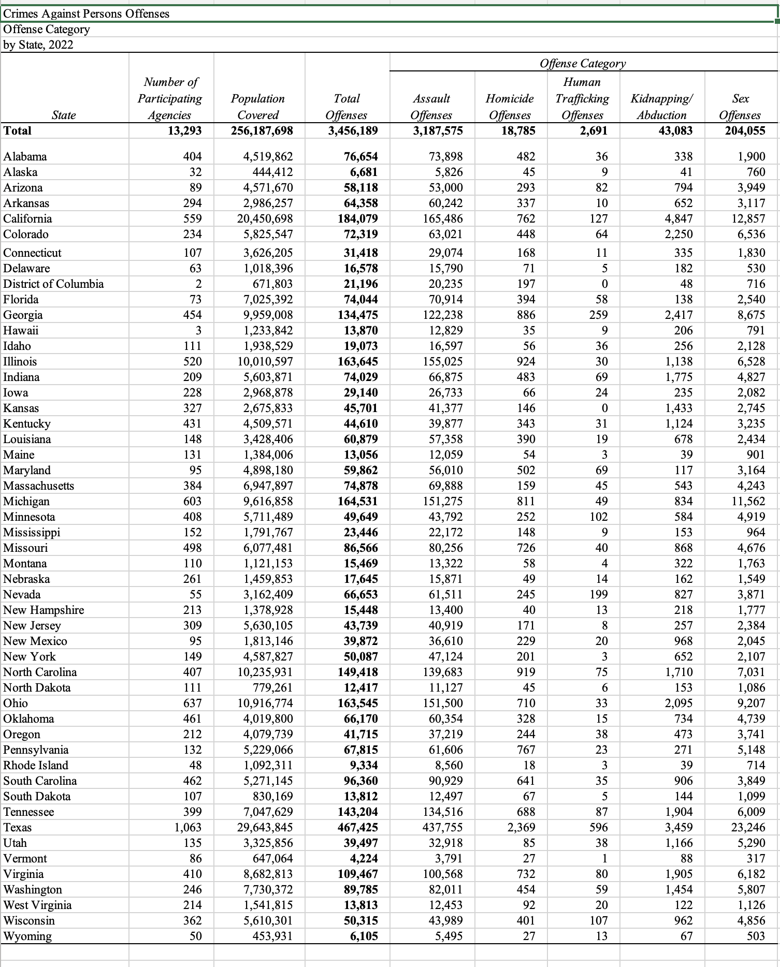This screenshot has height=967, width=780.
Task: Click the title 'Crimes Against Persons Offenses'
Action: pos(86,13)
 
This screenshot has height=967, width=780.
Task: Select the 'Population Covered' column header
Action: pos(258,107)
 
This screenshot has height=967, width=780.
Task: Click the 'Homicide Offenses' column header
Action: pos(510,107)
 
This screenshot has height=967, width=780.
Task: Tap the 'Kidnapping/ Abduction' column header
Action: pos(662,107)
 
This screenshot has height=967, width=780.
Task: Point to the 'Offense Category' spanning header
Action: pos(583,63)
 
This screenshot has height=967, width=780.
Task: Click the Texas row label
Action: pos(18,827)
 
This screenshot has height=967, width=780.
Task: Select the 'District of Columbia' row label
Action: pos(53,284)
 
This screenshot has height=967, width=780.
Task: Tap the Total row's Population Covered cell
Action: pos(262,130)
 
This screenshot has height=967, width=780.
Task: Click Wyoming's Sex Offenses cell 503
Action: pos(756,936)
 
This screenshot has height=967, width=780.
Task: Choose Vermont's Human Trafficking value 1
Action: pos(604,858)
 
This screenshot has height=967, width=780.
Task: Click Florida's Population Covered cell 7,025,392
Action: pos(268,299)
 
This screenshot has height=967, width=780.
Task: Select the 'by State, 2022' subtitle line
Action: pos(38,45)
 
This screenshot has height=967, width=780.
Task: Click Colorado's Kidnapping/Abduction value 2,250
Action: pos(678,234)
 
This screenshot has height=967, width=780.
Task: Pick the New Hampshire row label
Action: pos(44,610)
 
